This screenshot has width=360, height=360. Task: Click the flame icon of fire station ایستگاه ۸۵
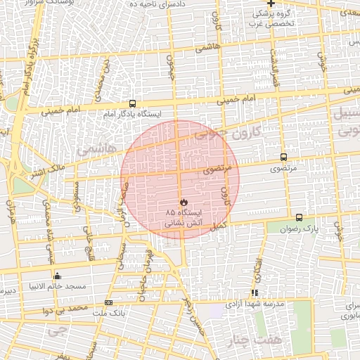point(184,201)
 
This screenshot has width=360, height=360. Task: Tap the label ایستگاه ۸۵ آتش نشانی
point(184,216)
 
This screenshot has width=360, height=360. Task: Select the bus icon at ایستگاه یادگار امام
point(133,104)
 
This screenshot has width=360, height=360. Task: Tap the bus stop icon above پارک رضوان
point(300,218)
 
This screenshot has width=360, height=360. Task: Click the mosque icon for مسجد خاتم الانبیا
point(57,276)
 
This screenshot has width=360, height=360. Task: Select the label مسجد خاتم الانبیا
point(57,286)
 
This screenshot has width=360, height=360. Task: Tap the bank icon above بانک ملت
point(108,302)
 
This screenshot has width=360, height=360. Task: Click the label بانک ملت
point(108,312)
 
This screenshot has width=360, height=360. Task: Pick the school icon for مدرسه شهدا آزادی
point(255,292)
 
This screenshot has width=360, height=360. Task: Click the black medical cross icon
point(271,4)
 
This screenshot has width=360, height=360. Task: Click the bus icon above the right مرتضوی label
point(283,157)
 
